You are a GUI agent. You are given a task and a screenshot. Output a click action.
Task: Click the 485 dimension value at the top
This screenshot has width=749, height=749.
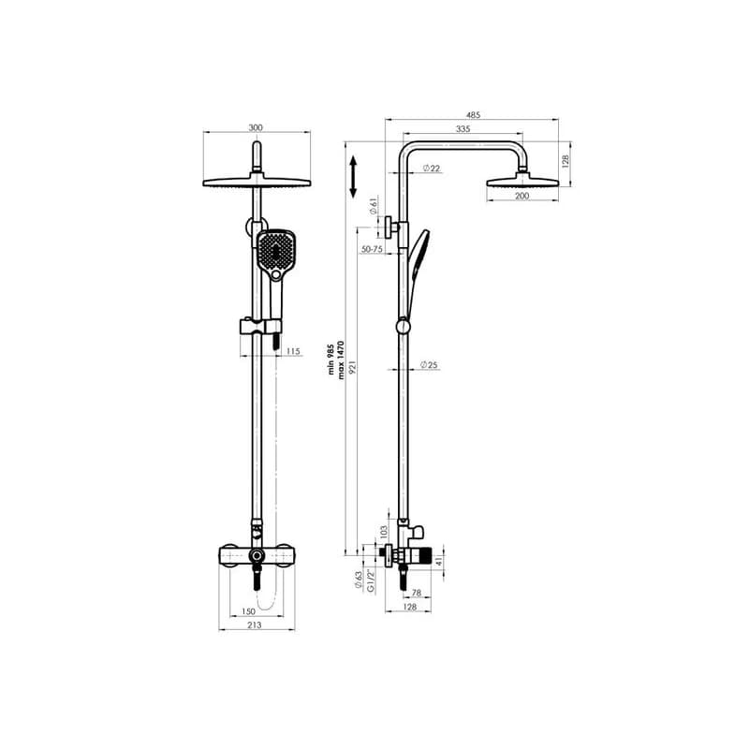coord(473,115)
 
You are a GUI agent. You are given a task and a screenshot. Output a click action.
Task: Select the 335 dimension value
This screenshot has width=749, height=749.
coord(463,129)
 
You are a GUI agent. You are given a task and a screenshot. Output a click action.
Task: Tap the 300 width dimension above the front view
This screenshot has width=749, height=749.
coord(256,127)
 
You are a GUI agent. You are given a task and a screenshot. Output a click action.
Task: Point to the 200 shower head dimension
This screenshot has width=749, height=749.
coord(522,196)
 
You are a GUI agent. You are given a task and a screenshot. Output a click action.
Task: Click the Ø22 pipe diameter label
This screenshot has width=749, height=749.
coord(432,169)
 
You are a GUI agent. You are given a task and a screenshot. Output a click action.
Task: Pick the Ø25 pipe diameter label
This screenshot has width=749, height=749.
coord(429,365)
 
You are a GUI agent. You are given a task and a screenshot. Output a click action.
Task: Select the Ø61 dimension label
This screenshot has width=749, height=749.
coord(374,206)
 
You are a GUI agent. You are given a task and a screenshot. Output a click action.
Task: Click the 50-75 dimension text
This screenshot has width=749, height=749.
coord(372,249)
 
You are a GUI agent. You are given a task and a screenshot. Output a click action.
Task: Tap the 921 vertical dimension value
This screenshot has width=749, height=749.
coord(353,368)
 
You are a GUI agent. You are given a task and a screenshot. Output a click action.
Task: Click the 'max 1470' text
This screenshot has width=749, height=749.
coord(341,360)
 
